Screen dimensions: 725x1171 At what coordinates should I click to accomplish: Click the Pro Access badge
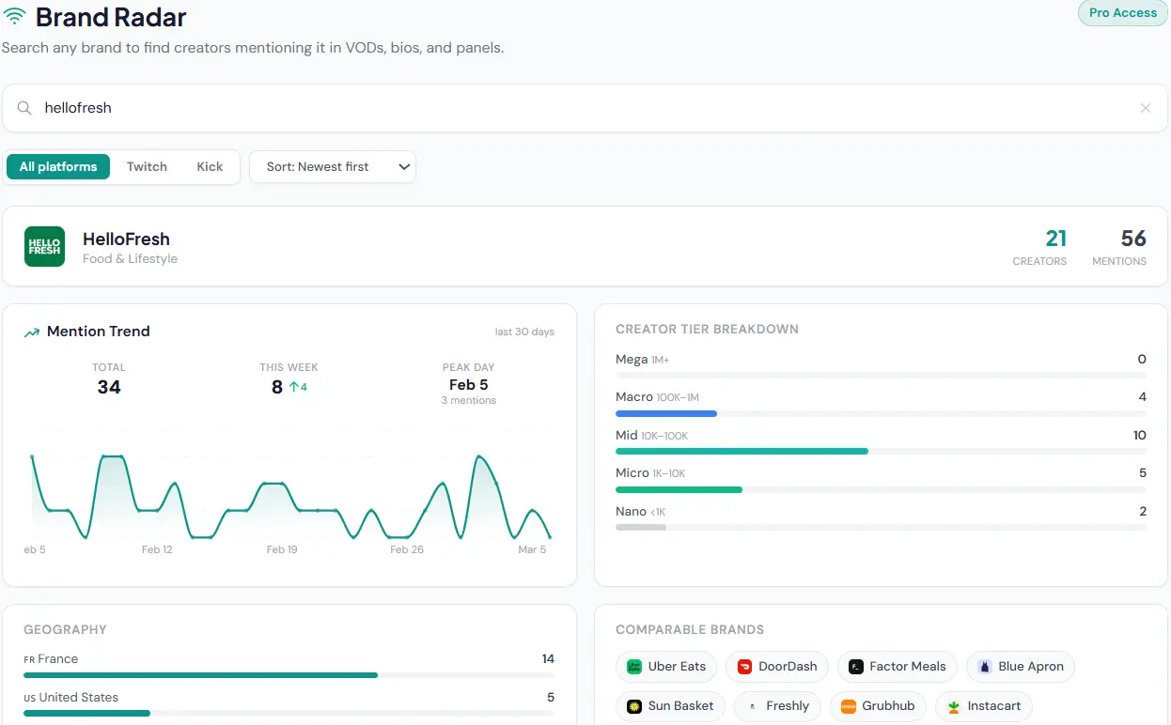[x=1122, y=13]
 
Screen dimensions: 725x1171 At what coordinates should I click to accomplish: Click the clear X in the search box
[x=1145, y=108]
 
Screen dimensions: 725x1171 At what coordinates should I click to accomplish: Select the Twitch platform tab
[x=147, y=166]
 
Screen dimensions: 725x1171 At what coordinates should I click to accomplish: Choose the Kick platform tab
[x=210, y=166]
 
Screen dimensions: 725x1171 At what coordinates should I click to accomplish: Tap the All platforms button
[x=58, y=166]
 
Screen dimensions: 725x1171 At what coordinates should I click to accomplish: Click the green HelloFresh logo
[x=44, y=247]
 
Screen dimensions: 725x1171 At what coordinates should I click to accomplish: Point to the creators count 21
[x=1055, y=239]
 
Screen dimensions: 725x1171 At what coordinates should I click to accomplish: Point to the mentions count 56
[x=1132, y=239]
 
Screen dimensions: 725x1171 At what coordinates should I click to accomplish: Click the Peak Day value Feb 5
[x=468, y=384]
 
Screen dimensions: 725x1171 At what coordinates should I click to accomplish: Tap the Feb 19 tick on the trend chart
[x=282, y=549]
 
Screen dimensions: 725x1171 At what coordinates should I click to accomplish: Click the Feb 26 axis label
[x=407, y=549]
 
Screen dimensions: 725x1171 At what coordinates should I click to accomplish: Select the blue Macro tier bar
[x=665, y=413]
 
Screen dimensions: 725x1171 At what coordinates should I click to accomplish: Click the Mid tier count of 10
[x=1139, y=435]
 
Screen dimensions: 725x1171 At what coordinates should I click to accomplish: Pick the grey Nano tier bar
[x=641, y=528]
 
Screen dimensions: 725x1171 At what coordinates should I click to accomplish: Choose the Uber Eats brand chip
[x=666, y=667]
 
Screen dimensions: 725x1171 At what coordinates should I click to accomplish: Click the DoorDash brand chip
[x=777, y=667]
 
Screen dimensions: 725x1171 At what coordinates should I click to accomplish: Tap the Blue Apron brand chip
[x=1020, y=667]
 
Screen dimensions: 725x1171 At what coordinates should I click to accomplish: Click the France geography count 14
[x=548, y=658]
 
